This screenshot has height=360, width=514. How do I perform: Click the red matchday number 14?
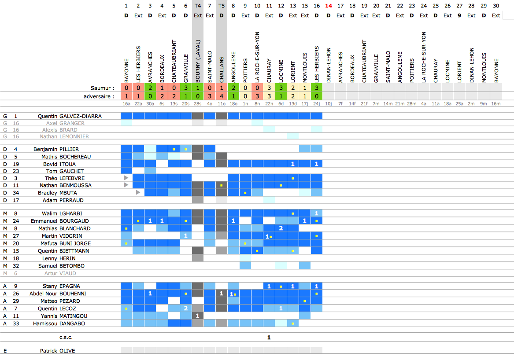tap(329, 6)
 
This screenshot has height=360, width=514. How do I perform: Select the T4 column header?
tap(198, 6)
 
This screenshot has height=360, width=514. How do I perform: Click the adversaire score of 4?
tap(222, 96)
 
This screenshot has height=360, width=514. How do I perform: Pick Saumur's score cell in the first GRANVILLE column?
tap(186, 88)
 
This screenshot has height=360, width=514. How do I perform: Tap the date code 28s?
tap(198, 104)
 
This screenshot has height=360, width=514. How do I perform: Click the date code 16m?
tap(496, 104)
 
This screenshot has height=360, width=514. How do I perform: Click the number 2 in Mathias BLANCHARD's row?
tap(281, 228)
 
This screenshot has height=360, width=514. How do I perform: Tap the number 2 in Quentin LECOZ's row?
tap(186, 309)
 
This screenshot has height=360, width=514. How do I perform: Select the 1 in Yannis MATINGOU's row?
tap(198, 316)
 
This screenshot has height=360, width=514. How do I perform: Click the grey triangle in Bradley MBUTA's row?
tap(138, 192)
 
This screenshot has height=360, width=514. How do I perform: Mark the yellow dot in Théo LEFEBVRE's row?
tap(293, 178)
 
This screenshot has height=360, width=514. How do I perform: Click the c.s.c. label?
tap(66, 338)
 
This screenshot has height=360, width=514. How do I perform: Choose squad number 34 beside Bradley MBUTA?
tap(16, 193)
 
